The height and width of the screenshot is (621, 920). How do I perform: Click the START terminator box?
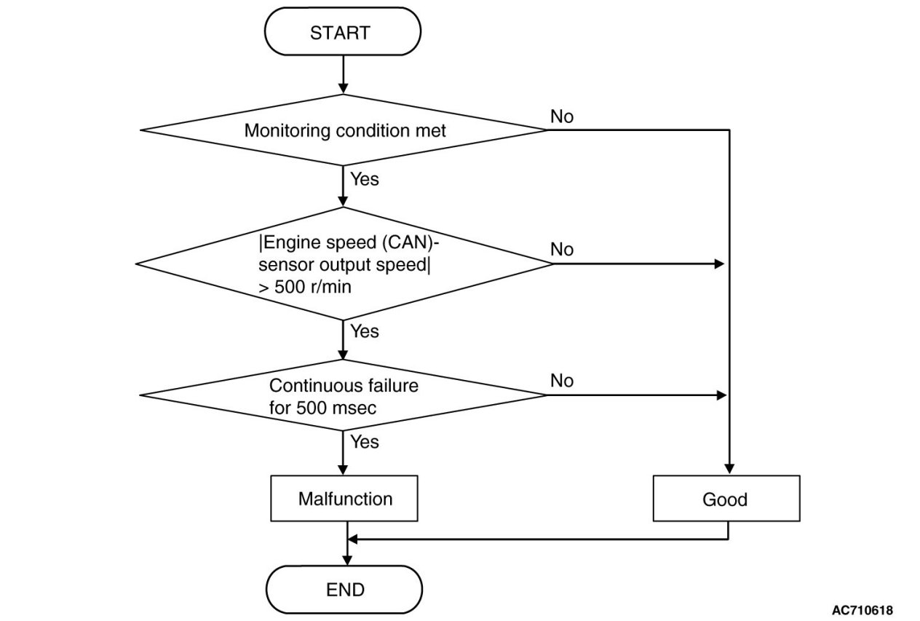click(343, 31)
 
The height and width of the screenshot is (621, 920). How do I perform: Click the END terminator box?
click(344, 590)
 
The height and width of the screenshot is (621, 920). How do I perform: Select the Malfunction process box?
click(344, 498)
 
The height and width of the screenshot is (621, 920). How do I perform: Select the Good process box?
click(726, 498)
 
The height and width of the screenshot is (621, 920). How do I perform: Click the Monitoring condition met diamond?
click(344, 130)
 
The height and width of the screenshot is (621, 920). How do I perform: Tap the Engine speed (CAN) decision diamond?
click(344, 264)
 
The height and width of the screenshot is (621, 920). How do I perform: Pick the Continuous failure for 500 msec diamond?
click(344, 395)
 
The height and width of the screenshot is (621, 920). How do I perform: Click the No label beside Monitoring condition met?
click(561, 116)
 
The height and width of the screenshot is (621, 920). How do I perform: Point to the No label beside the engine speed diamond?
click(561, 249)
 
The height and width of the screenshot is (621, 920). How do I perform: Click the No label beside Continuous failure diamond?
click(561, 381)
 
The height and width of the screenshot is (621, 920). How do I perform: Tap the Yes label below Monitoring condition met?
click(365, 179)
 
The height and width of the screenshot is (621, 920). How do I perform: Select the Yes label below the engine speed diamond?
click(365, 331)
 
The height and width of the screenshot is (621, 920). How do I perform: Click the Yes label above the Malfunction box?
click(365, 442)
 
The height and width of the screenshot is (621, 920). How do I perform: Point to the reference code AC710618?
click(862, 610)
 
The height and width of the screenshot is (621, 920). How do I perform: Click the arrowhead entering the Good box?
click(729, 469)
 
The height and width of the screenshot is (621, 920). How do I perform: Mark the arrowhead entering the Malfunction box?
click(343, 470)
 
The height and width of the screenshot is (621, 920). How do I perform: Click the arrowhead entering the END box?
click(347, 561)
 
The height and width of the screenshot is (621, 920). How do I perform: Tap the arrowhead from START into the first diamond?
click(343, 89)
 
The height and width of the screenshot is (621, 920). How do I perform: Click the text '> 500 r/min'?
click(305, 287)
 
